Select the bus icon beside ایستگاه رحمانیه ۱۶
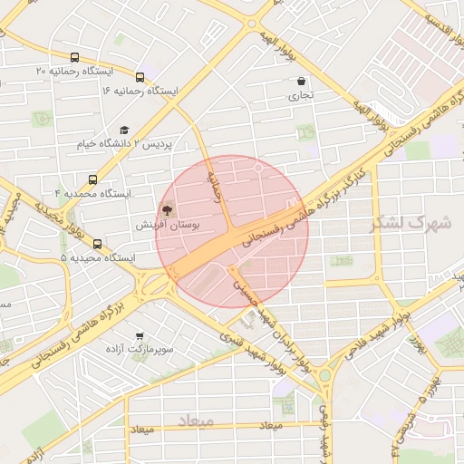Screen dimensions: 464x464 pos(140,77)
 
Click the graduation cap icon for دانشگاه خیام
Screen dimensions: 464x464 pos(124,130)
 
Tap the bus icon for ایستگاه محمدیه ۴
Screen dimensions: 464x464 pos(92,179)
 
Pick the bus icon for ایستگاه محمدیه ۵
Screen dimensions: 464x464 pos(98,243)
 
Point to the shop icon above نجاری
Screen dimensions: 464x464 pos(301,81)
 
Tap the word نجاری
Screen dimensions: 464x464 pos(301,94)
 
